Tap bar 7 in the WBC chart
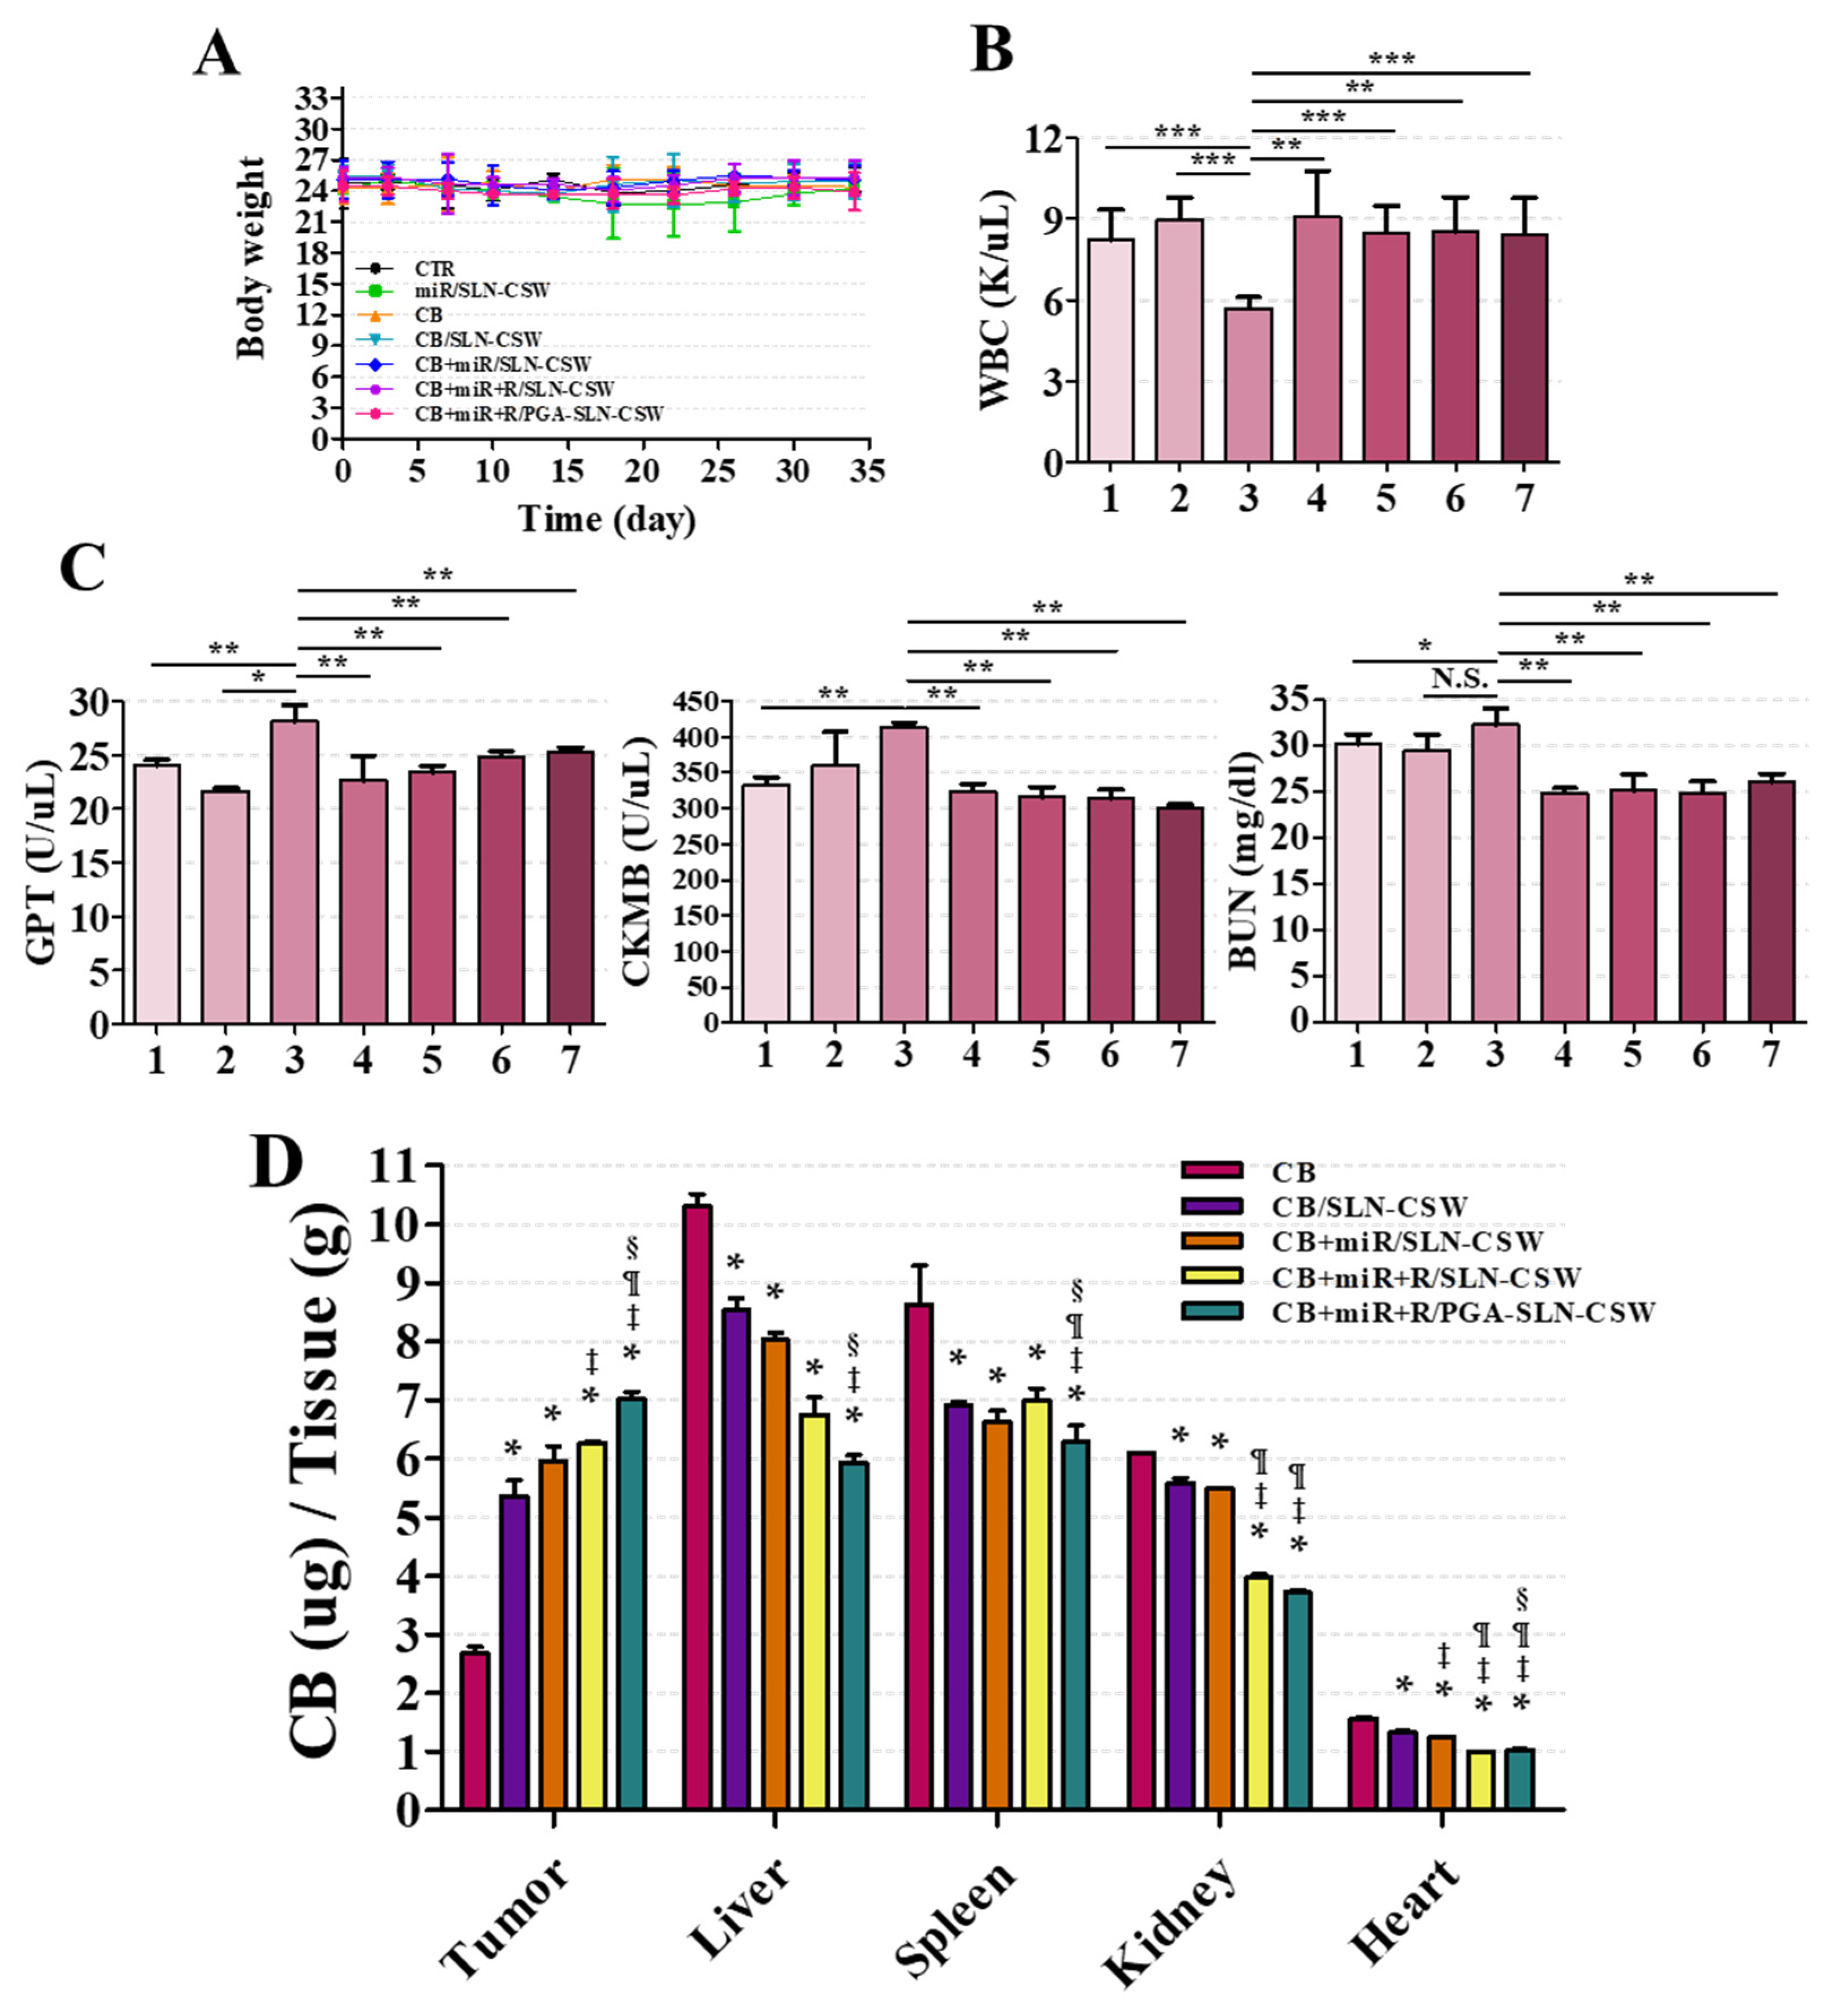click(1523, 348)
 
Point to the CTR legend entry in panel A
click(434, 268)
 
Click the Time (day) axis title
click(606, 519)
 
